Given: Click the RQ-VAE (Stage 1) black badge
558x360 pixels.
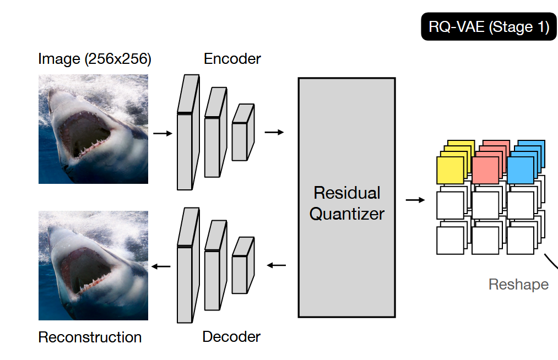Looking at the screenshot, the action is [x=489, y=26].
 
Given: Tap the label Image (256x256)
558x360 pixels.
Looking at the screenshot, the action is [x=95, y=59].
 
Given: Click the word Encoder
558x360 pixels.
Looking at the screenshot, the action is [x=232, y=59].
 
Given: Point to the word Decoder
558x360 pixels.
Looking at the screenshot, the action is [x=231, y=336].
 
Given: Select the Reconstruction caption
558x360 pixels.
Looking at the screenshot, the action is [x=90, y=337].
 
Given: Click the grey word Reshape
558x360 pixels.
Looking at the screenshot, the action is [x=518, y=285].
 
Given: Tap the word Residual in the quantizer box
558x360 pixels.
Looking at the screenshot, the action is [x=347, y=193].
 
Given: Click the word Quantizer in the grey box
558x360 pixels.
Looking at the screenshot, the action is [x=347, y=214].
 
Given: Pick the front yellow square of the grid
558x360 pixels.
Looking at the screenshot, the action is [x=450, y=171].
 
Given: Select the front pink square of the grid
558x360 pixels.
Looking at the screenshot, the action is [x=485, y=171].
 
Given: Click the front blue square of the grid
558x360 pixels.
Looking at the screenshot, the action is [x=521, y=171].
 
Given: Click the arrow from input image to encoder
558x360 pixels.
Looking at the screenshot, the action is [x=162, y=133].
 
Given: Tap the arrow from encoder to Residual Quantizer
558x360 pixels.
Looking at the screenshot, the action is [x=274, y=132].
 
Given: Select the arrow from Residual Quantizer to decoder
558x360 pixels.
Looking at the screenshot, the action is [x=276, y=265].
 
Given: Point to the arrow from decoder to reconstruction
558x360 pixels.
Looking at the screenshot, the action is [x=161, y=266].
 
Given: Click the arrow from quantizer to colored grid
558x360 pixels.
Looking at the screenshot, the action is [x=415, y=200].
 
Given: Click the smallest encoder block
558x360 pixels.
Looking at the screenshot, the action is [x=243, y=132].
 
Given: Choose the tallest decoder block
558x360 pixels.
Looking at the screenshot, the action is [x=188, y=265].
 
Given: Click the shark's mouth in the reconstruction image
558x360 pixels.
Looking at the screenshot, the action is [x=85, y=270].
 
